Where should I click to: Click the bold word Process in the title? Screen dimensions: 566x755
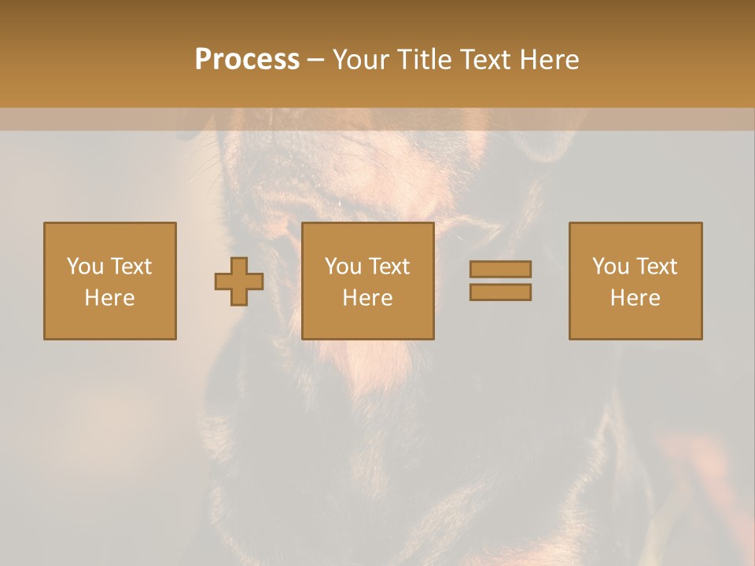[247, 60]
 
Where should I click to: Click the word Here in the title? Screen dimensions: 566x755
[554, 60]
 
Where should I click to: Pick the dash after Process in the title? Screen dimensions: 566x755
[316, 61]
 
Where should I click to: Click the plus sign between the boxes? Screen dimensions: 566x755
[239, 281]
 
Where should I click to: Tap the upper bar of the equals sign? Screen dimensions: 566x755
[500, 270]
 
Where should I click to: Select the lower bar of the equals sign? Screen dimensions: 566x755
[500, 292]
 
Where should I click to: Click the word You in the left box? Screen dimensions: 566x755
[86, 266]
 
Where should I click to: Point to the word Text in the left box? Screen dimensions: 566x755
[130, 266]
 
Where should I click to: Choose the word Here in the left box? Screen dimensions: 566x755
[109, 298]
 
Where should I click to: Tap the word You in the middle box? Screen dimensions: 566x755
[344, 266]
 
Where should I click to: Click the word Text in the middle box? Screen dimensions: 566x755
[388, 266]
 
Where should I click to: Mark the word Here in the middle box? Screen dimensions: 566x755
[367, 298]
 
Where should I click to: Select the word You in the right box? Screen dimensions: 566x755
[611, 266]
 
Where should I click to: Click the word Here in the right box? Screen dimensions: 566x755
[635, 298]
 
